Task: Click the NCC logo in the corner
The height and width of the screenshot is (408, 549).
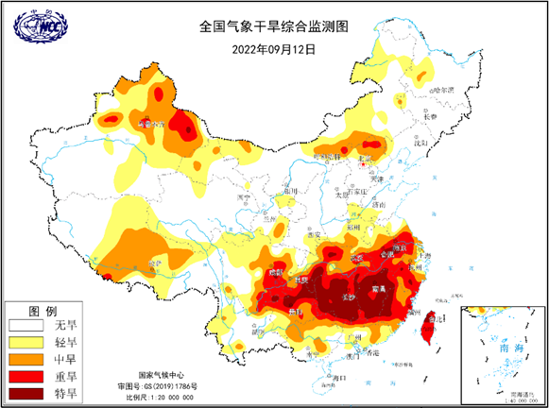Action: [35, 30]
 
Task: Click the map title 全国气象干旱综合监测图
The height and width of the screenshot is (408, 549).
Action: [273, 27]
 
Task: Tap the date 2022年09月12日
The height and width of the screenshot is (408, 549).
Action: [273, 49]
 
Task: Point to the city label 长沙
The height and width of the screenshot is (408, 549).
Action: [351, 297]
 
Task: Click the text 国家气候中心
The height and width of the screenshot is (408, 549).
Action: [158, 374]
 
